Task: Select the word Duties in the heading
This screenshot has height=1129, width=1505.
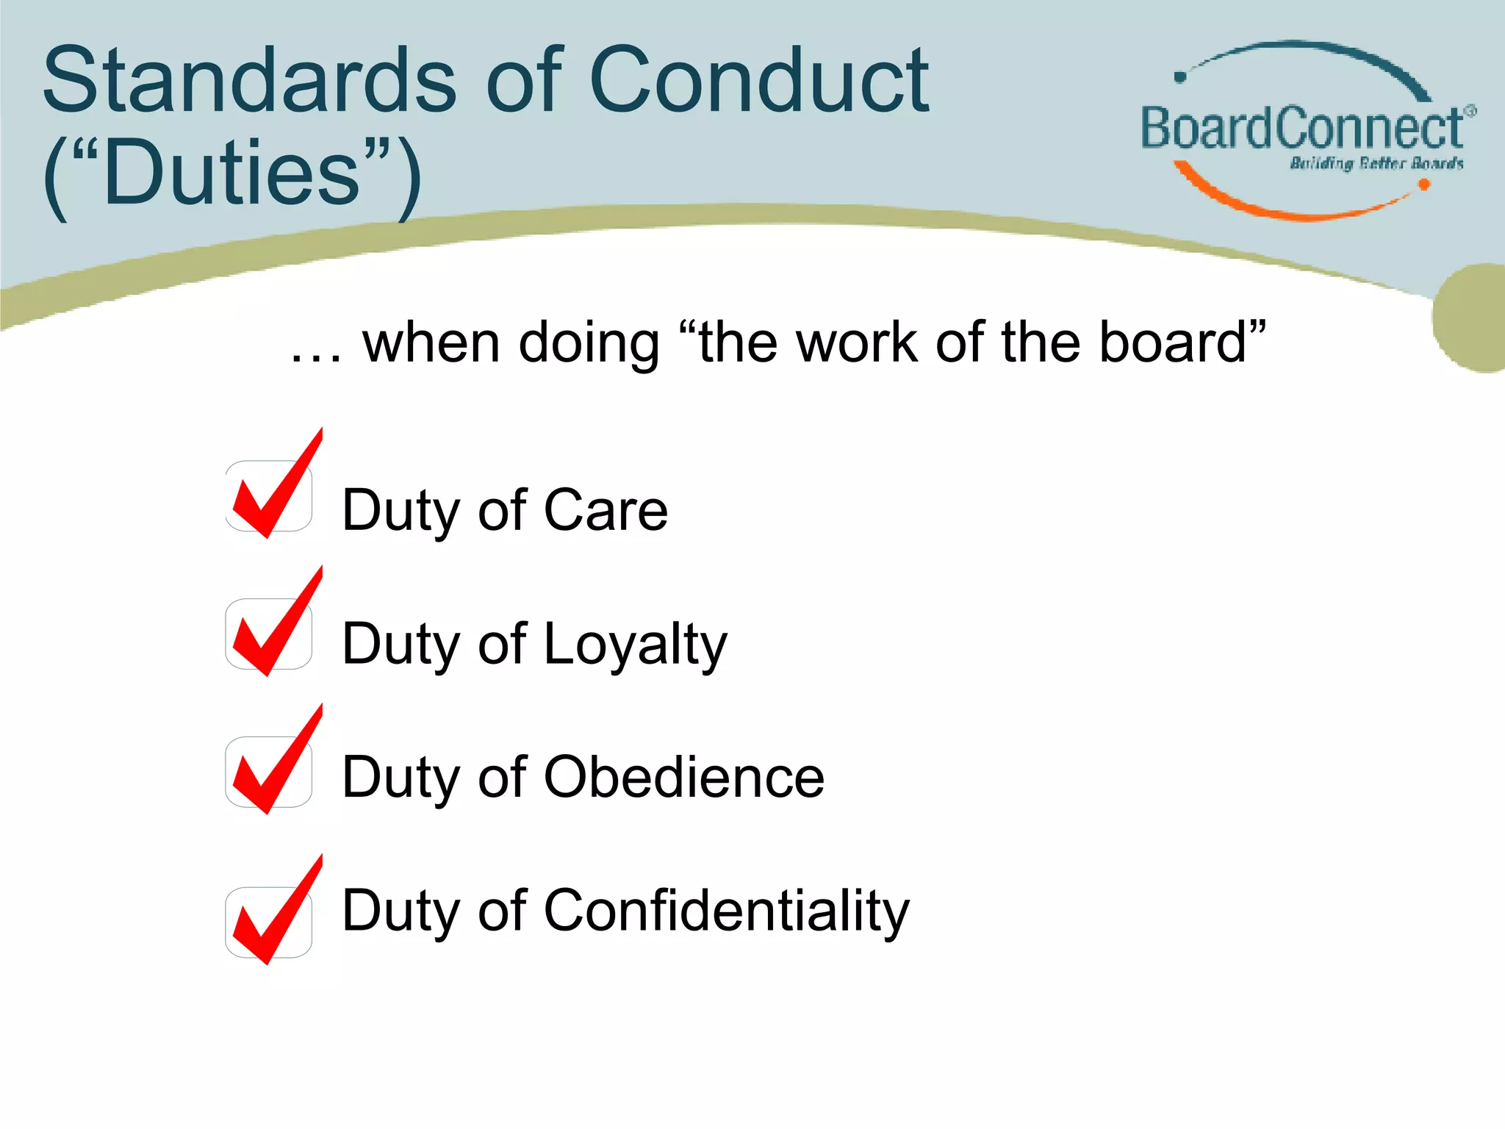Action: pos(231,173)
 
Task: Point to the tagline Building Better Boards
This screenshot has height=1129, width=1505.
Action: pos(1376,163)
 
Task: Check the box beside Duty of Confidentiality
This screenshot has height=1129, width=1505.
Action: pos(269,922)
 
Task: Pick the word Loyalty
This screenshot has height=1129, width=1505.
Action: pos(636,644)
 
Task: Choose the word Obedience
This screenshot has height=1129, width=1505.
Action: pos(684,777)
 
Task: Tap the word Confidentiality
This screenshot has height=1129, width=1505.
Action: pos(727,910)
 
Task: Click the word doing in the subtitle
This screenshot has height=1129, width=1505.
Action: pos(589,343)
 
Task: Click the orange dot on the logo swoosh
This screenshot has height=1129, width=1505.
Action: pos(1423,184)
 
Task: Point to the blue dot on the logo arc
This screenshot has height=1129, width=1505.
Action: pos(1180,76)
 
